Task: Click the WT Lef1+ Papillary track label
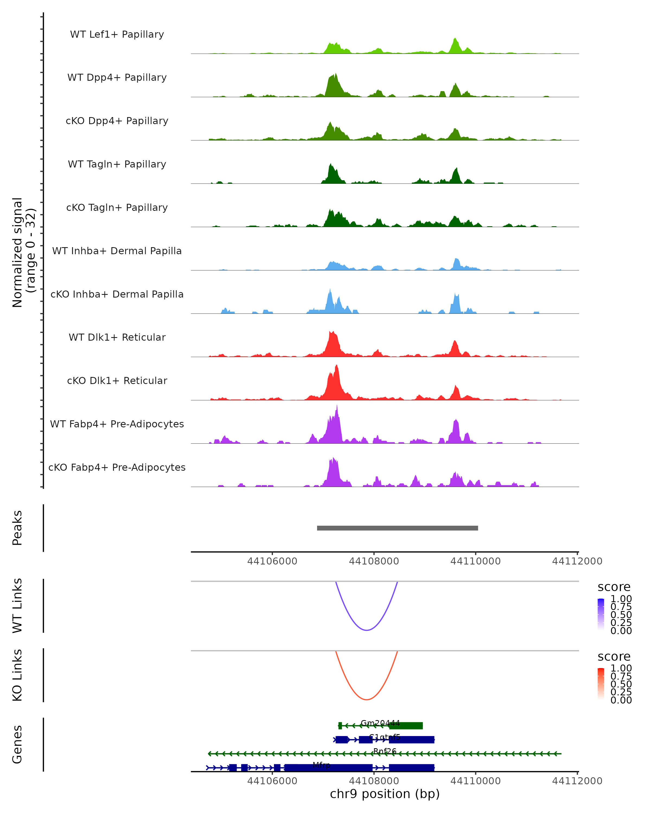coord(117,34)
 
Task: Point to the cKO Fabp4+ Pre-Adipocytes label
coord(117,467)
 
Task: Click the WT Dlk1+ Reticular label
coord(117,337)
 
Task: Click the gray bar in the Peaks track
coord(397,528)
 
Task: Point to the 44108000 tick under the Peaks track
coord(374,561)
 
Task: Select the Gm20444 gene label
coord(380,723)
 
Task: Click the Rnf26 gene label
coord(385,751)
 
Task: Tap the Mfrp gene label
coord(321,765)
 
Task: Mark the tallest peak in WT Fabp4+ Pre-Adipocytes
coord(337,407)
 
